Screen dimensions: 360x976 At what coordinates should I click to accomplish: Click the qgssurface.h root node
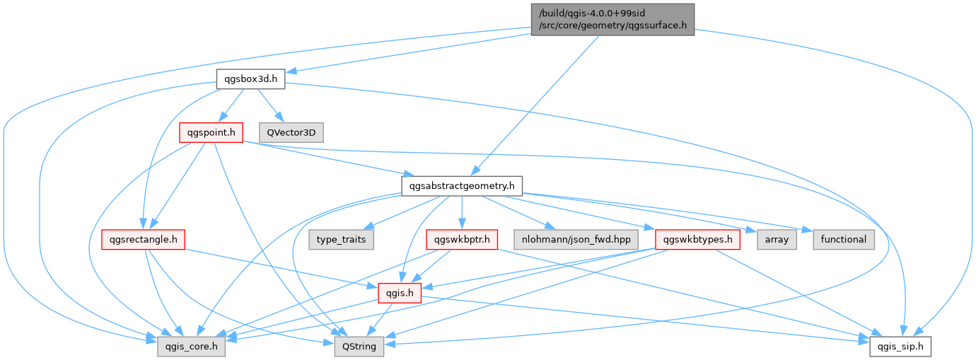(612, 19)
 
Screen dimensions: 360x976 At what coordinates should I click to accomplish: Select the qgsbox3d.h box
(250, 78)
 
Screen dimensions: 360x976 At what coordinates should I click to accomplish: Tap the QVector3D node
(291, 132)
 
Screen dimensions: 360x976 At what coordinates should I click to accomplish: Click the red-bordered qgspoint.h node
(211, 132)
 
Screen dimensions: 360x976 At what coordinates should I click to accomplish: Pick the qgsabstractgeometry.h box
(461, 186)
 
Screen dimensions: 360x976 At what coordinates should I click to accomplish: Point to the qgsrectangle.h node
(142, 239)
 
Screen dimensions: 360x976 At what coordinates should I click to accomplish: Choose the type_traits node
(342, 239)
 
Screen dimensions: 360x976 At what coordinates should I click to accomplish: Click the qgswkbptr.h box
(462, 239)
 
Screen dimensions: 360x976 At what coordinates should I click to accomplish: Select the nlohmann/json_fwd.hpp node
(576, 239)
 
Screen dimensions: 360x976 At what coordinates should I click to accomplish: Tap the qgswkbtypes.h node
(697, 239)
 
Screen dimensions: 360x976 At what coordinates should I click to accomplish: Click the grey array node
(777, 239)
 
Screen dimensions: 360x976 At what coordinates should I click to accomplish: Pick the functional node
(844, 239)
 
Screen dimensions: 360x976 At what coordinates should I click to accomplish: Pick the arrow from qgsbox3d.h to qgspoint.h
(226, 106)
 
